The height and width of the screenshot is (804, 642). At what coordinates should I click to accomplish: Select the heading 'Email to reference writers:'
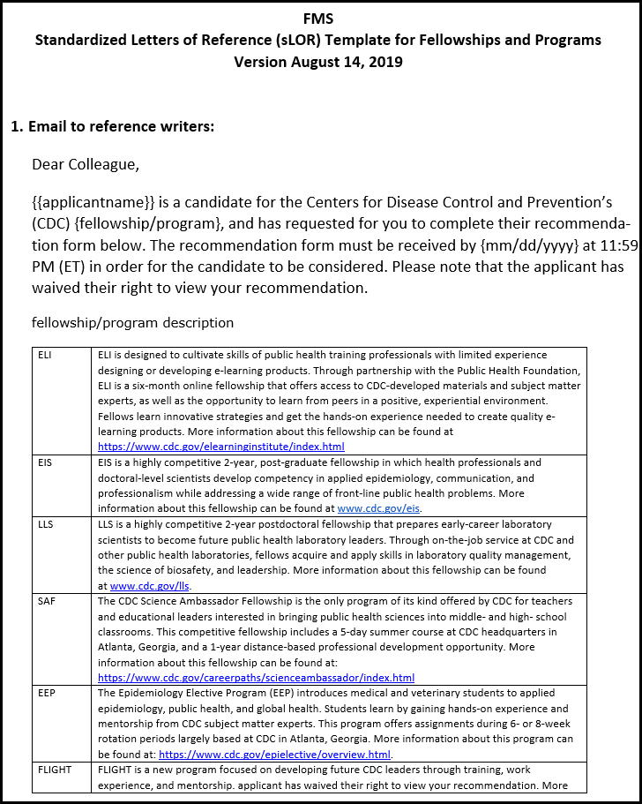[121, 126]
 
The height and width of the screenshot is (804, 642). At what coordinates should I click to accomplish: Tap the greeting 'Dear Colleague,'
[86, 164]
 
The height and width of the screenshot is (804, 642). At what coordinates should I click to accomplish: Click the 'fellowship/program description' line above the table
[133, 323]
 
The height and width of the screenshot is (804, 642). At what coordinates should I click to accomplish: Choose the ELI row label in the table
[46, 355]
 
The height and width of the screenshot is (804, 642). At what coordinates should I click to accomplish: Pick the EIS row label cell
[46, 462]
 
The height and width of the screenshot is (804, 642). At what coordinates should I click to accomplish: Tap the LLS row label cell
[46, 524]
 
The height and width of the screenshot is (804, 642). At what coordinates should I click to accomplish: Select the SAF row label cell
[47, 601]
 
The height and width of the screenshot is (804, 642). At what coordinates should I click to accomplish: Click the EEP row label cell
[47, 693]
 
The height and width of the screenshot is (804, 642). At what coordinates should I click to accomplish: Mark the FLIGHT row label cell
[56, 770]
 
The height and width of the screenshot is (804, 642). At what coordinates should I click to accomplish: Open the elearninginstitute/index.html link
[221, 447]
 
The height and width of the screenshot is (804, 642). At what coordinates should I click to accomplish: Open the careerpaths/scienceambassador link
[256, 678]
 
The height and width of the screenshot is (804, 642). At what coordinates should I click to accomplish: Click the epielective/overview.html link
[274, 755]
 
